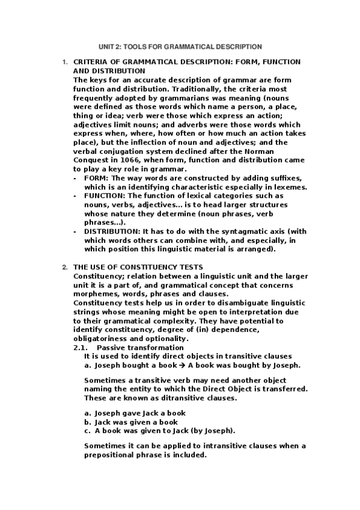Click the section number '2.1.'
click(81, 348)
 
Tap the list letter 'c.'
click(88, 431)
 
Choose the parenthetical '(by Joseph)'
click(214, 431)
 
